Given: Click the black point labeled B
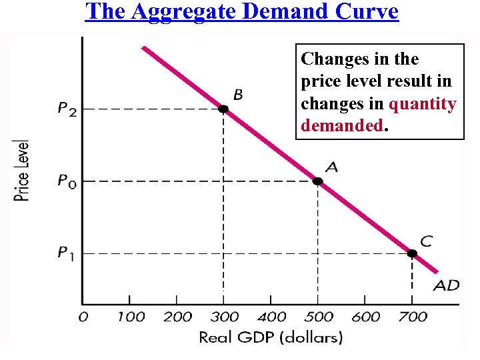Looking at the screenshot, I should (223, 109).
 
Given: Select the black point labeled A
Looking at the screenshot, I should (318, 181).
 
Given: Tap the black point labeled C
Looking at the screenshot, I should (412, 253).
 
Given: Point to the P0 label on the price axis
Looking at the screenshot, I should (67, 181).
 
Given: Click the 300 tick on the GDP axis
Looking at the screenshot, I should (224, 317).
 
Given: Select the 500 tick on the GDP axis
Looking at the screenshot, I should (319, 317).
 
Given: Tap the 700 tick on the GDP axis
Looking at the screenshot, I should (413, 317).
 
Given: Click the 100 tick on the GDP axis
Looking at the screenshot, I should (131, 317).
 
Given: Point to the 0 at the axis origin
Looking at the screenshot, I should (84, 317).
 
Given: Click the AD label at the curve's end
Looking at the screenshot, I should (447, 286).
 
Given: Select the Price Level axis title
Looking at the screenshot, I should (22, 170).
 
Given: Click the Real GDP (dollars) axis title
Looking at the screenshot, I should (271, 337).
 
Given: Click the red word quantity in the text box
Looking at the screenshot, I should (423, 104).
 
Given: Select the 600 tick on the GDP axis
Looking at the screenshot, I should (365, 317).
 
